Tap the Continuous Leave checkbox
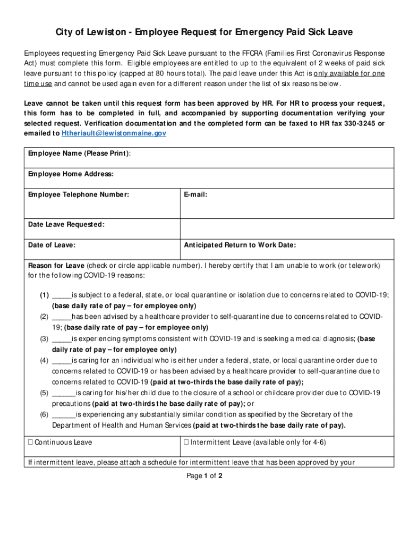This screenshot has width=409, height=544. point(31,443)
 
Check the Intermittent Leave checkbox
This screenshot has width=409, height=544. point(186,443)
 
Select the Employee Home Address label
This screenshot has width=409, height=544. point(71,174)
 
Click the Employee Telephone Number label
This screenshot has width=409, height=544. point(78,194)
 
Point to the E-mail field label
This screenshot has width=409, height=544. point(195,194)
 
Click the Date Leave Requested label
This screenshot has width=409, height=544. point(66,225)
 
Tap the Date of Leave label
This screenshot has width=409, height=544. point(52,245)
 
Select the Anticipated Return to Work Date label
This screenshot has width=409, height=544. point(240,245)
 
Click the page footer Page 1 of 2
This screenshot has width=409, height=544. point(204,476)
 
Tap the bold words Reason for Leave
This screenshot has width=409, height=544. point(56,265)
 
